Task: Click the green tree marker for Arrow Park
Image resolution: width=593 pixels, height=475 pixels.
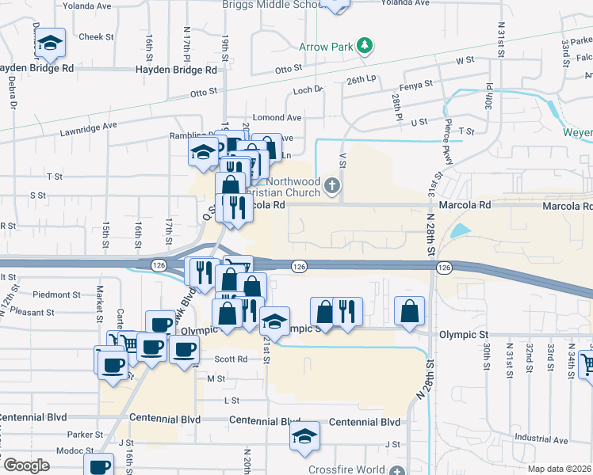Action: click(x=365, y=46)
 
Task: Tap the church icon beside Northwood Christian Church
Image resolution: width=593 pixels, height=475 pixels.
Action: click(x=333, y=186)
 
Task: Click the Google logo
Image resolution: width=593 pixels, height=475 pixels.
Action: click(x=26, y=465)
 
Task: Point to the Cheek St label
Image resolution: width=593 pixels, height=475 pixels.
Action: click(x=97, y=36)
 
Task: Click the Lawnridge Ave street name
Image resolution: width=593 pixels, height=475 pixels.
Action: click(x=88, y=126)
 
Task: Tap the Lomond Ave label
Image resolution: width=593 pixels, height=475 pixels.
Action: click(x=277, y=117)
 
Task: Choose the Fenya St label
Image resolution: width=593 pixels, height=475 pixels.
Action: click(x=416, y=84)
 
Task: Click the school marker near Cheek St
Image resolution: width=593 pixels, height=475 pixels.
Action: click(x=50, y=44)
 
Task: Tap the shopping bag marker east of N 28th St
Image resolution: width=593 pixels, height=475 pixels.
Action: click(x=408, y=311)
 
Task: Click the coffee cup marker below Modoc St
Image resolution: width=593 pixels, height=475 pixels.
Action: click(x=100, y=466)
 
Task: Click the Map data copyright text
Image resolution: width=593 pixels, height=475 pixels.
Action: click(x=559, y=469)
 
